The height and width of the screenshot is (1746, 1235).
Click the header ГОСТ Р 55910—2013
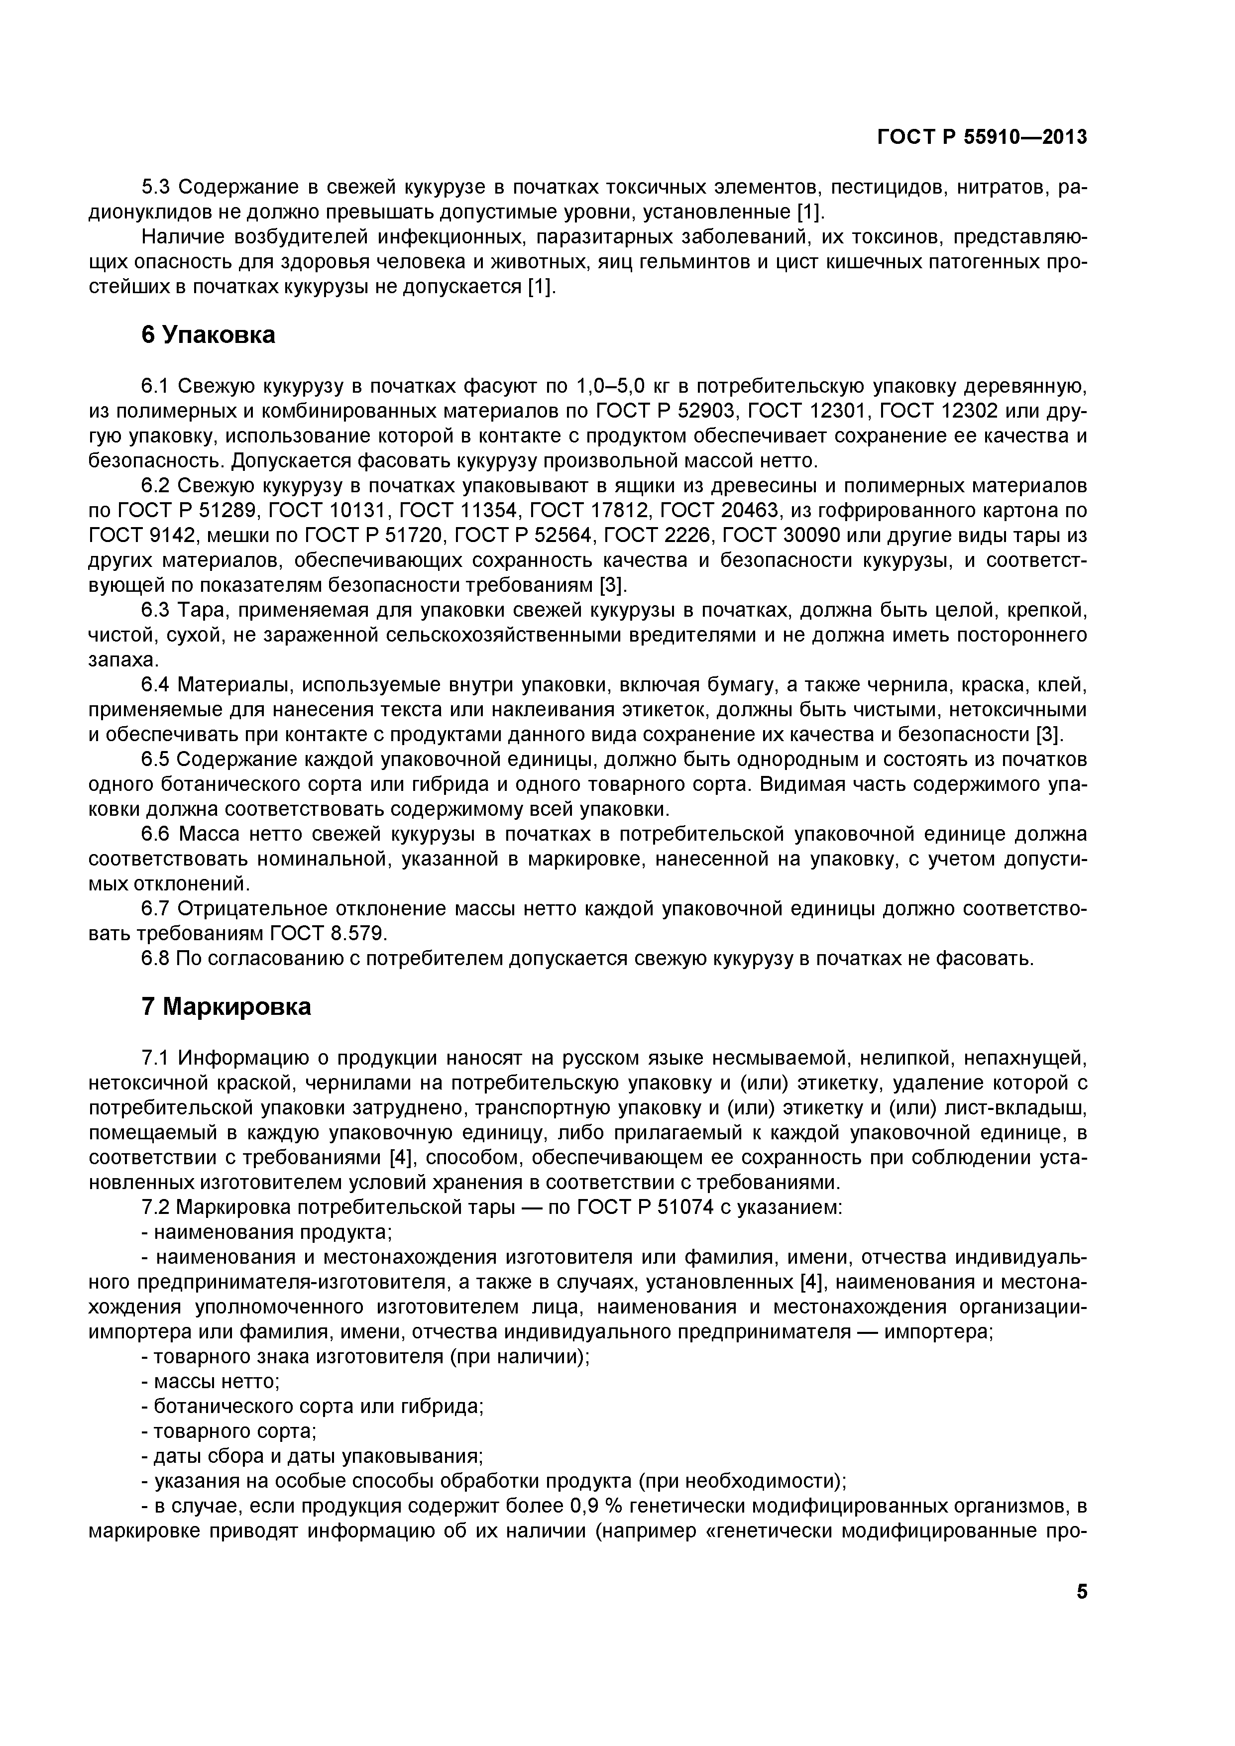pyautogui.click(x=982, y=137)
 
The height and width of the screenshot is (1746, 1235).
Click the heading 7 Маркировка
pyautogui.click(x=226, y=1007)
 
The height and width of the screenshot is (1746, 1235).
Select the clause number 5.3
pyautogui.click(x=157, y=187)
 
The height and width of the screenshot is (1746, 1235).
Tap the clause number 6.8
pyautogui.click(x=157, y=958)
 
